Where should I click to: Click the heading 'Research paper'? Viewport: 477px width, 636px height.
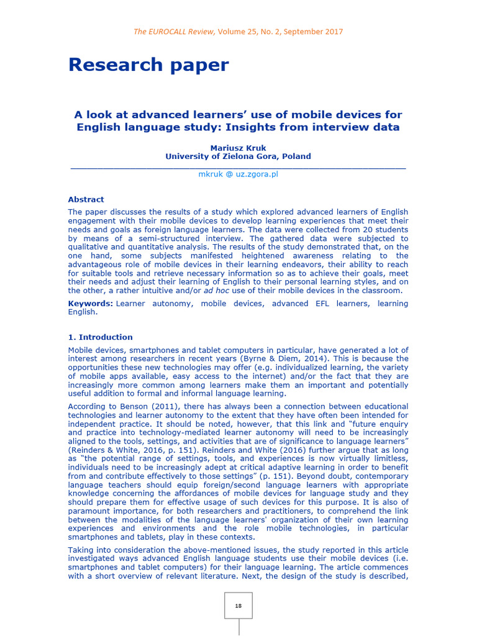[148, 65]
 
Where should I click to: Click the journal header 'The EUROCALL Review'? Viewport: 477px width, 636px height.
[174, 32]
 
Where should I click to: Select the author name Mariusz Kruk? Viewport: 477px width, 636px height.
[238, 148]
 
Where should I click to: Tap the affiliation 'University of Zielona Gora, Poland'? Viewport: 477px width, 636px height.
[238, 157]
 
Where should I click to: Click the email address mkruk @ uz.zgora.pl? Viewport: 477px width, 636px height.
[238, 175]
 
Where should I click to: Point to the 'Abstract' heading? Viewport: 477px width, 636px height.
[86, 199]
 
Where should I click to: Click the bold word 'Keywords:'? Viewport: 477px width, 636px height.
[90, 304]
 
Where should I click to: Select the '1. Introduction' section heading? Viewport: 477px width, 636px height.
[100, 337]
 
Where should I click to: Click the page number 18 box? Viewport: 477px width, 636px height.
[238, 606]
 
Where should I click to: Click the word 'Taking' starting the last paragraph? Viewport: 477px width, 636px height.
[81, 550]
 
